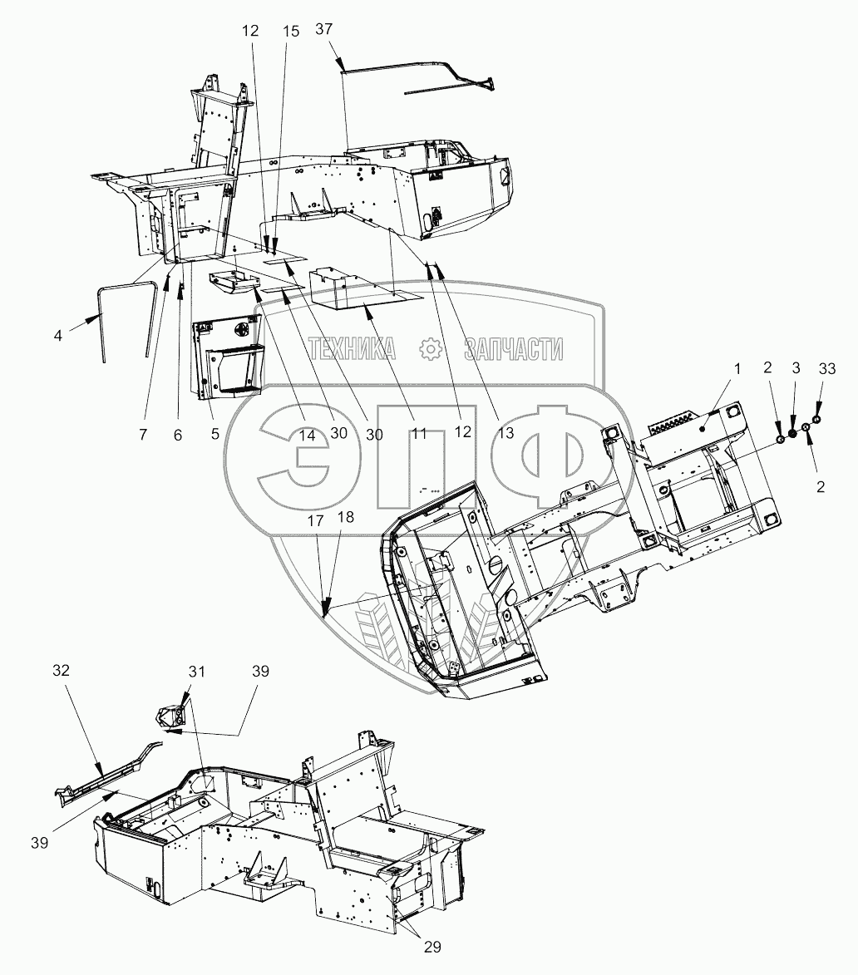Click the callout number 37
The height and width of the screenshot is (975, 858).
click(324, 29)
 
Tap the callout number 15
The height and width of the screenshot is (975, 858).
click(291, 31)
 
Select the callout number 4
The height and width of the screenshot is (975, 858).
click(58, 336)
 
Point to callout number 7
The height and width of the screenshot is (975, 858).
click(143, 434)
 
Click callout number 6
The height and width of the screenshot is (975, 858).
click(178, 436)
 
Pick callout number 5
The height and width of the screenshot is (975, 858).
click(215, 433)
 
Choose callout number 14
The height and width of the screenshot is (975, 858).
click(307, 436)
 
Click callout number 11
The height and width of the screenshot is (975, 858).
click(420, 433)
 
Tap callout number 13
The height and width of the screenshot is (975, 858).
click(506, 432)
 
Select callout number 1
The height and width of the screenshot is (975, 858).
click(737, 369)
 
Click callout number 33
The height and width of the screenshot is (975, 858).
click(827, 369)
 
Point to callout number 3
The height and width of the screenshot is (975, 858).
click(796, 367)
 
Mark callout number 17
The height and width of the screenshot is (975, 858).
click(316, 520)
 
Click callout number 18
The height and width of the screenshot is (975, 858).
click(346, 517)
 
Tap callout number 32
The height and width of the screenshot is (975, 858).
click(61, 670)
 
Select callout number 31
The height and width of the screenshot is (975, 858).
click(196, 672)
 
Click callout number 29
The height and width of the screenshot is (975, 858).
click(432, 947)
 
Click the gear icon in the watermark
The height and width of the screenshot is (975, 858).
click(430, 349)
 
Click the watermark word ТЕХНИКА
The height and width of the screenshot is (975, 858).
click(352, 349)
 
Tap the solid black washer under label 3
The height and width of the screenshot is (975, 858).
click(792, 434)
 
